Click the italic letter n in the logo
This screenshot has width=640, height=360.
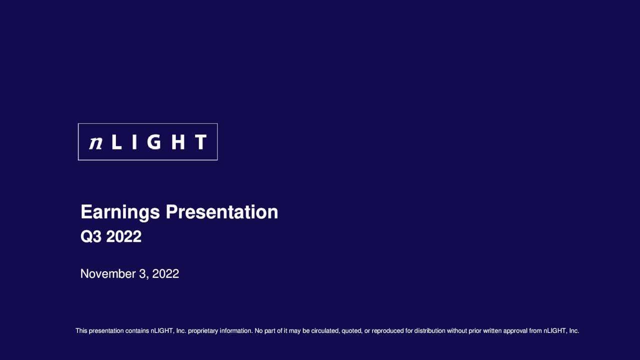point(95,142)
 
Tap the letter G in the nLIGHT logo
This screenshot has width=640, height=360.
point(154,142)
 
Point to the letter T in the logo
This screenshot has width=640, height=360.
point(200,142)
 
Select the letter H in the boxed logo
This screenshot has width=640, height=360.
point(178,142)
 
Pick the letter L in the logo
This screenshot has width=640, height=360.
point(116,142)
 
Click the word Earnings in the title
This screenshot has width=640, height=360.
point(120,212)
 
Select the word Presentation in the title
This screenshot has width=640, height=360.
point(222,212)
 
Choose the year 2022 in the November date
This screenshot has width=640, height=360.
point(165,274)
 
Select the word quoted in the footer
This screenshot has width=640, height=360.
point(351,330)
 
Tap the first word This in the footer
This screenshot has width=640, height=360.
point(81,330)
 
